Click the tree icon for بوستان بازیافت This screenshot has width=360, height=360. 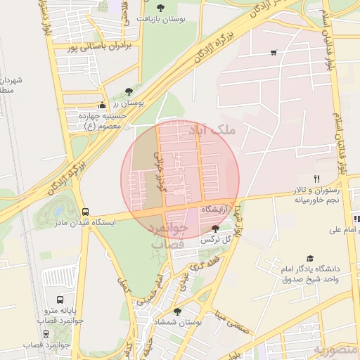[161, 8]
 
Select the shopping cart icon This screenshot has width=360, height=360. [273, 52]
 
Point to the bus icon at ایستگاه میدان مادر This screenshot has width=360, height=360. [86, 211]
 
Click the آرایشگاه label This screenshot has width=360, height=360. [217, 210]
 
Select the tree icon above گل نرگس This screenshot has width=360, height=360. [214, 229]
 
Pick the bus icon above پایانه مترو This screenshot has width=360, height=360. [59, 300]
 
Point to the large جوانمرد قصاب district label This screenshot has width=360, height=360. [168, 236]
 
